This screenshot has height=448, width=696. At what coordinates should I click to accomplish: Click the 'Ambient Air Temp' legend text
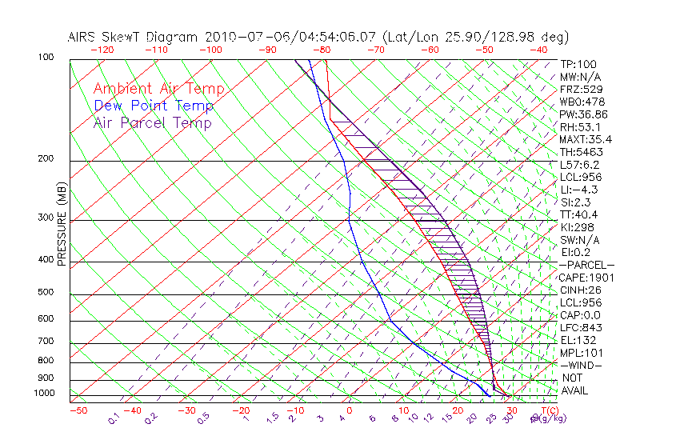pyautogui.click(x=158, y=89)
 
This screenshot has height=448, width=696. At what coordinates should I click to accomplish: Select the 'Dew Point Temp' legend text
pyautogui.click(x=153, y=106)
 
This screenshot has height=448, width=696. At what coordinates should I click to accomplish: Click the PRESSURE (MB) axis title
pyautogui.click(x=62, y=228)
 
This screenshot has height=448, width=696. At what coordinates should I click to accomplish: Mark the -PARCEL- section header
pyautogui.click(x=587, y=265)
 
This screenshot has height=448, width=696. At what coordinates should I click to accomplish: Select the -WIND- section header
pyautogui.click(x=582, y=365)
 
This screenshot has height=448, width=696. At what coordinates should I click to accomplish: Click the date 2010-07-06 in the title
pyautogui.click(x=242, y=37)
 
